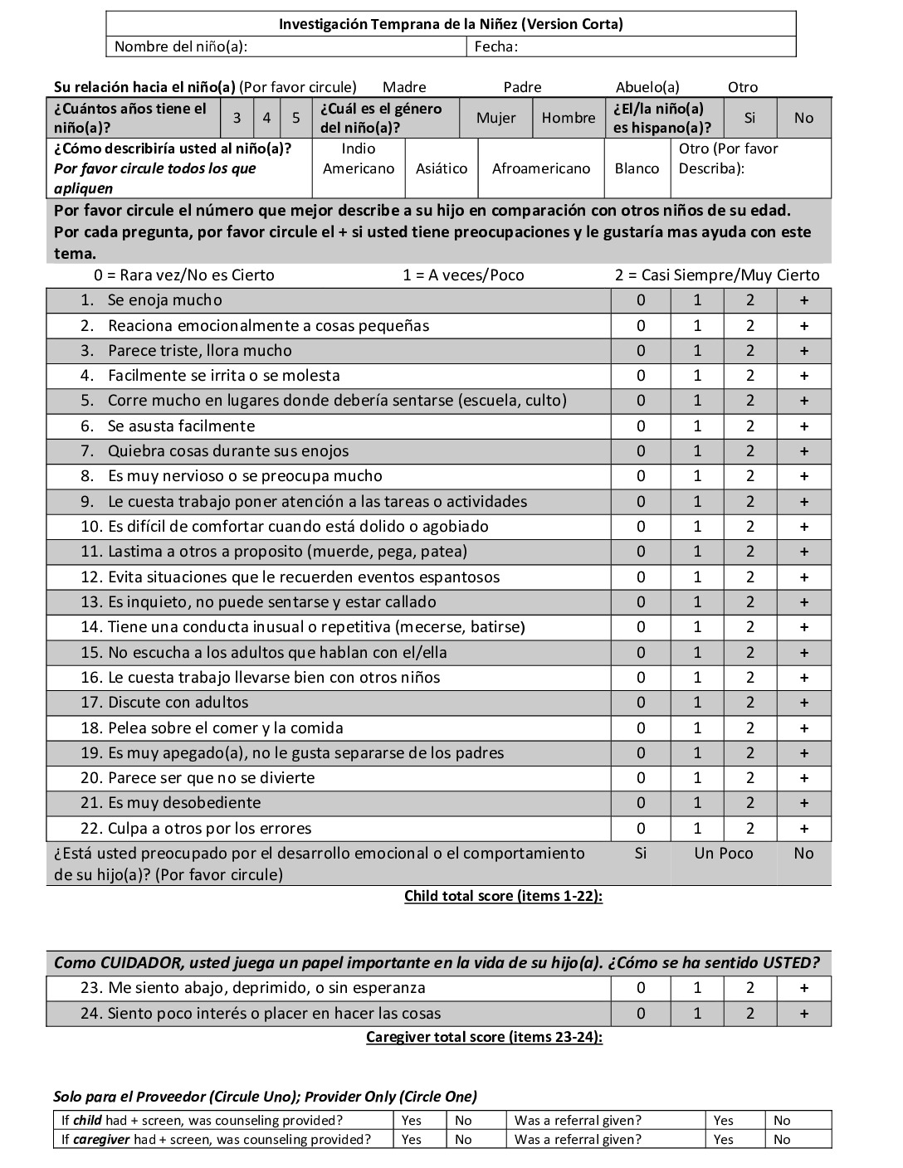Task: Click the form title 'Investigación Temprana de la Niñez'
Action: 451,24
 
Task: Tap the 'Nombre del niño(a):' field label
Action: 180,46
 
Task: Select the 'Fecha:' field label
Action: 495,46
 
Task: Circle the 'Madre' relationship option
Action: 404,87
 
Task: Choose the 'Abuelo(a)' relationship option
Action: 647,87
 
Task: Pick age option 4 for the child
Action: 266,118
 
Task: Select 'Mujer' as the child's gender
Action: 495,118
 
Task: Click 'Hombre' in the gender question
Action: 569,118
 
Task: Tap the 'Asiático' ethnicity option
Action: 442,168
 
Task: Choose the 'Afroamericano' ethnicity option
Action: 541,168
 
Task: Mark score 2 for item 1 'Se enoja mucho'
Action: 750,300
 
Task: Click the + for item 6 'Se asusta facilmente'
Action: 803,426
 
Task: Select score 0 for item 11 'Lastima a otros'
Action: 641,552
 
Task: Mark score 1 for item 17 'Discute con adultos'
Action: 697,703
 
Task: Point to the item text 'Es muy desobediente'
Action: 184,803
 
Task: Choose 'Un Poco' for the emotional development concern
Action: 724,854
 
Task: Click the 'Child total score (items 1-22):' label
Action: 503,896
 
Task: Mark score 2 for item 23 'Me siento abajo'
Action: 750,988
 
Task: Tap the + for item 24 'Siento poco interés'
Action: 803,1014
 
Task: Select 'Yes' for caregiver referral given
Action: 724,1140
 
